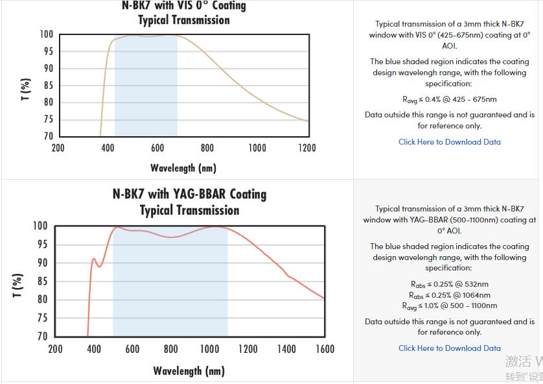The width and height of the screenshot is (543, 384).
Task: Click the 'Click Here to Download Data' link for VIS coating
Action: coord(449,142)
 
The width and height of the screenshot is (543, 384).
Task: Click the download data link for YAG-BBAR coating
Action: coord(449,348)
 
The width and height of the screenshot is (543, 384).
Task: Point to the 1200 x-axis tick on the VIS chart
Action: coord(307,148)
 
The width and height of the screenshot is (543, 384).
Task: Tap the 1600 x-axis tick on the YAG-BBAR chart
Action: coord(324,350)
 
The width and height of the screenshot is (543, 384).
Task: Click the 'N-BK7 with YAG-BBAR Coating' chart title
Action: coord(189,194)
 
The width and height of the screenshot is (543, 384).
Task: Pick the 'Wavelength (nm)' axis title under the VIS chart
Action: coord(183,168)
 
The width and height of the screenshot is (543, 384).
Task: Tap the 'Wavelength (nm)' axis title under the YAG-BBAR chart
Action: coord(189,371)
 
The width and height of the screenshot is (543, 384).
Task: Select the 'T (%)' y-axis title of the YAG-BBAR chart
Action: coord(19,285)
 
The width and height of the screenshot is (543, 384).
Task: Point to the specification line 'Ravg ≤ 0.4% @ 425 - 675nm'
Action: coord(449,99)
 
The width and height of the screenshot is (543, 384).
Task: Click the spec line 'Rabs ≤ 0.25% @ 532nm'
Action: coord(449,284)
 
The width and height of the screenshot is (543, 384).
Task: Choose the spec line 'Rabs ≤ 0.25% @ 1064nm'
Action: coord(449,295)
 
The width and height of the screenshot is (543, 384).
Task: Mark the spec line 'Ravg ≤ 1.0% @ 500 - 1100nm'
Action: coord(449,306)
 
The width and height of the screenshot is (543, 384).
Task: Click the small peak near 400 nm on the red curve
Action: coord(93,259)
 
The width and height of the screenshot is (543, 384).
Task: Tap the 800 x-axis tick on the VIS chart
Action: coord(207,148)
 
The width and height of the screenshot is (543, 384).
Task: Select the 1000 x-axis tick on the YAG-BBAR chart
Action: coord(209,350)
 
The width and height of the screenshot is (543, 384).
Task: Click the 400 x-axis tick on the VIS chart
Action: coord(108,148)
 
